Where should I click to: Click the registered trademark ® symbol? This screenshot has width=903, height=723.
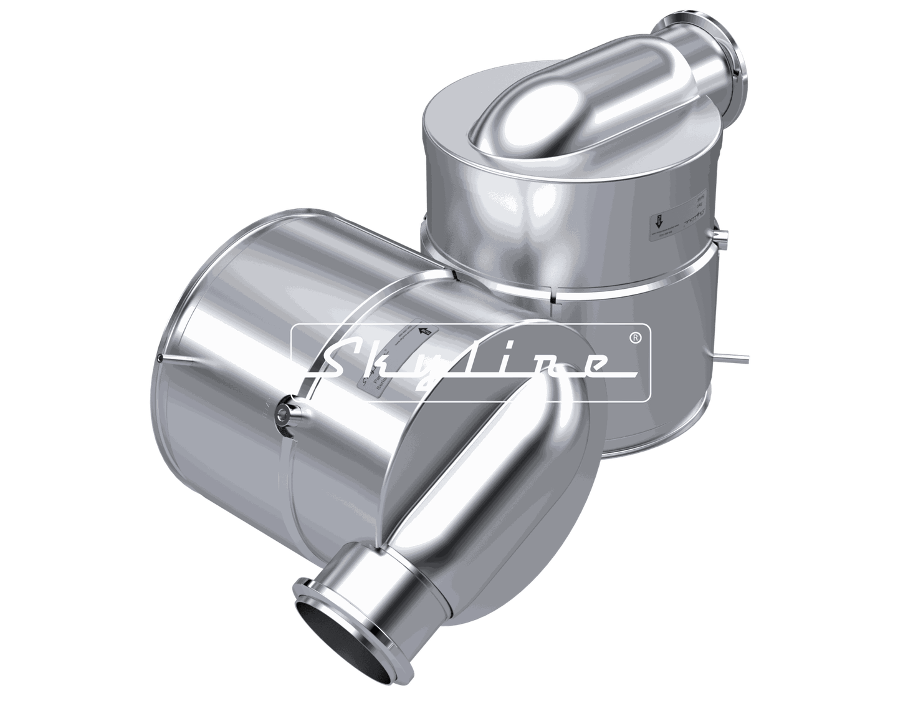[634, 337]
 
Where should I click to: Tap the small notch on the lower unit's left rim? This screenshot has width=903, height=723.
[160, 358]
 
